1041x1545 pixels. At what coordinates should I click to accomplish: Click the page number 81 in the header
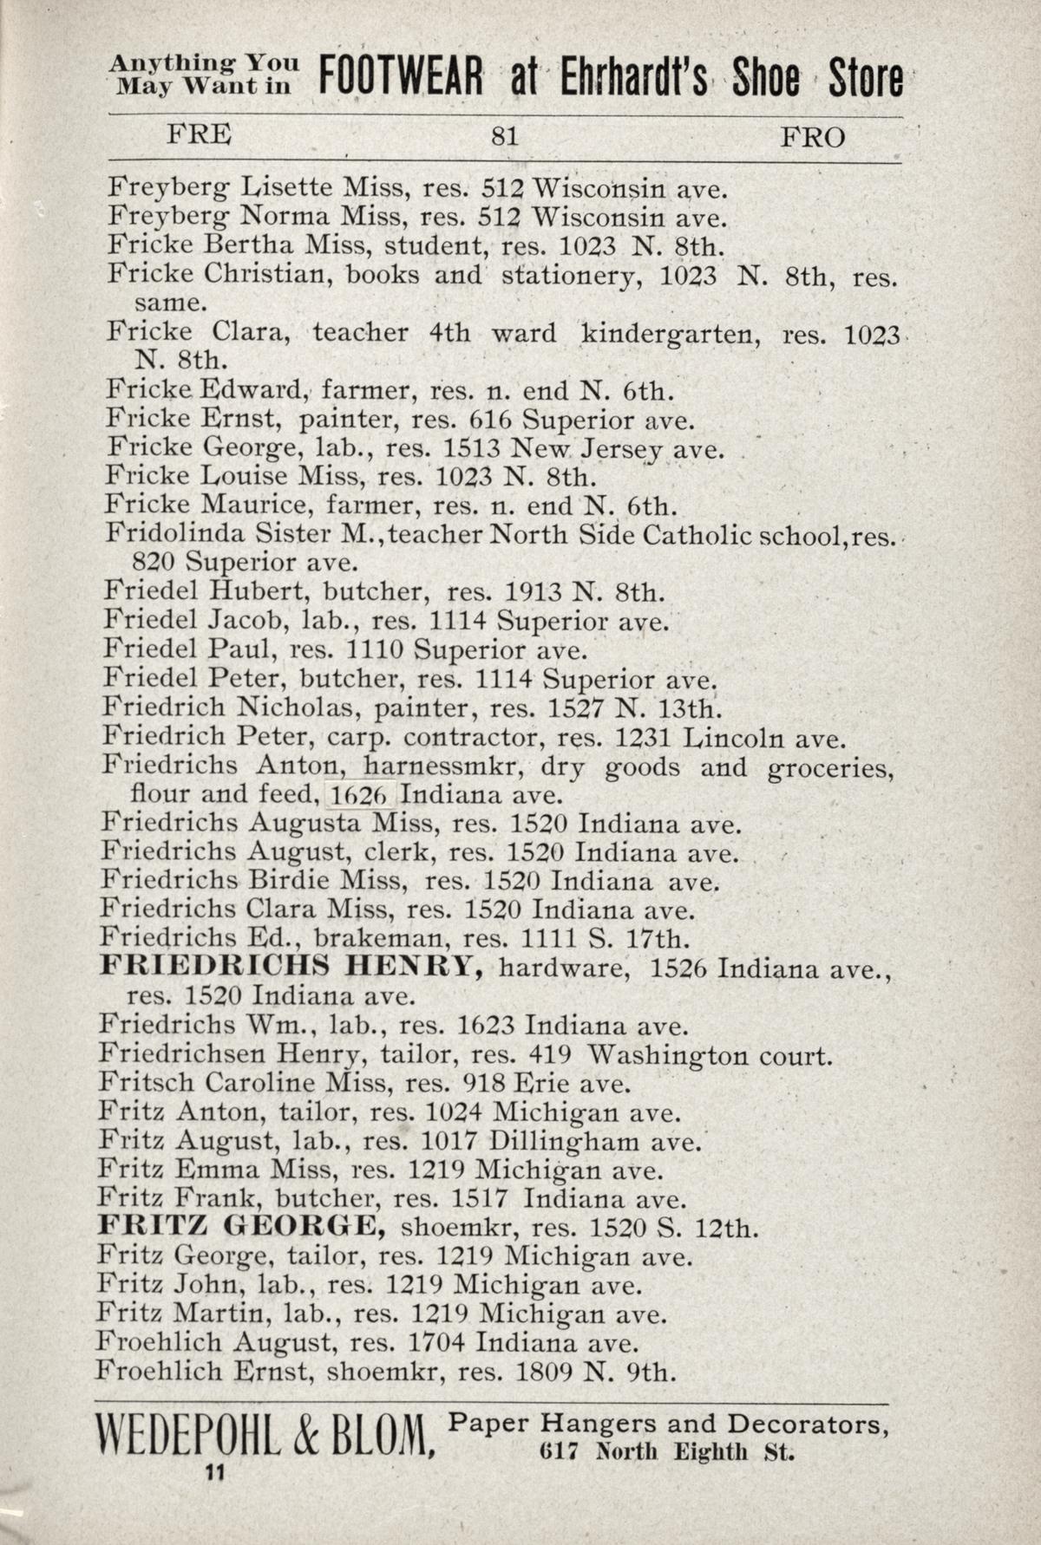[504, 137]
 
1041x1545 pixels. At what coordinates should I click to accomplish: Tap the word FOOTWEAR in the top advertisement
[400, 79]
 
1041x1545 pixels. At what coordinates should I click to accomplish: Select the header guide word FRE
[200, 134]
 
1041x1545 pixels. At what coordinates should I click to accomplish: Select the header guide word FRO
[812, 137]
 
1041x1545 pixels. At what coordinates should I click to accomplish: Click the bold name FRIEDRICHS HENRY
[291, 966]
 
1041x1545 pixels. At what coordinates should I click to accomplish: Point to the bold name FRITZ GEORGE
[241, 1227]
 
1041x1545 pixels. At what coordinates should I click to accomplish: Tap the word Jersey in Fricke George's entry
[622, 449]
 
